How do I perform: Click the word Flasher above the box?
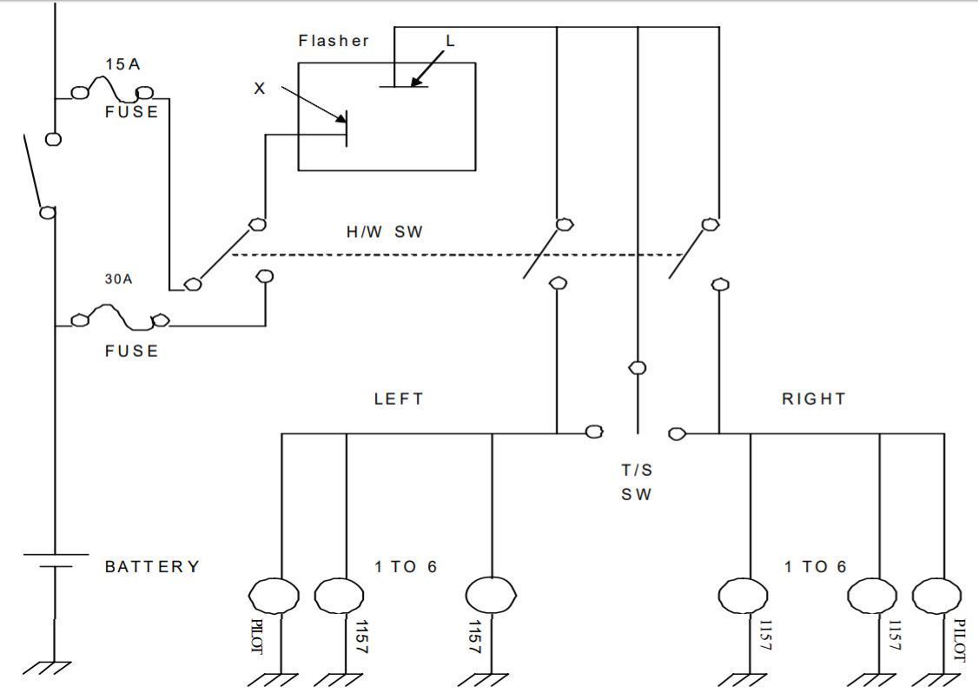(x=334, y=41)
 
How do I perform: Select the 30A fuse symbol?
(x=120, y=318)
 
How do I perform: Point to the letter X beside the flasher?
(x=259, y=89)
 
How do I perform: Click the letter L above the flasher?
(x=450, y=41)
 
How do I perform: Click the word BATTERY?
(x=153, y=567)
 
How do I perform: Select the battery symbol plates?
(x=55, y=560)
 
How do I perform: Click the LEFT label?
(x=399, y=399)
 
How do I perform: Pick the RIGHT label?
(x=813, y=399)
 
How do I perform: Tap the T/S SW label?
(x=638, y=483)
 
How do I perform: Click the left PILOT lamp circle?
(x=274, y=596)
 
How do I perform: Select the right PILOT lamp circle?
(x=937, y=596)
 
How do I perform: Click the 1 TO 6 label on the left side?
(x=406, y=567)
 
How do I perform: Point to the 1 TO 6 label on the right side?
(x=815, y=567)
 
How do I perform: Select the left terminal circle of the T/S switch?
(x=595, y=432)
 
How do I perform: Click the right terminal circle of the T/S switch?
(x=677, y=433)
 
